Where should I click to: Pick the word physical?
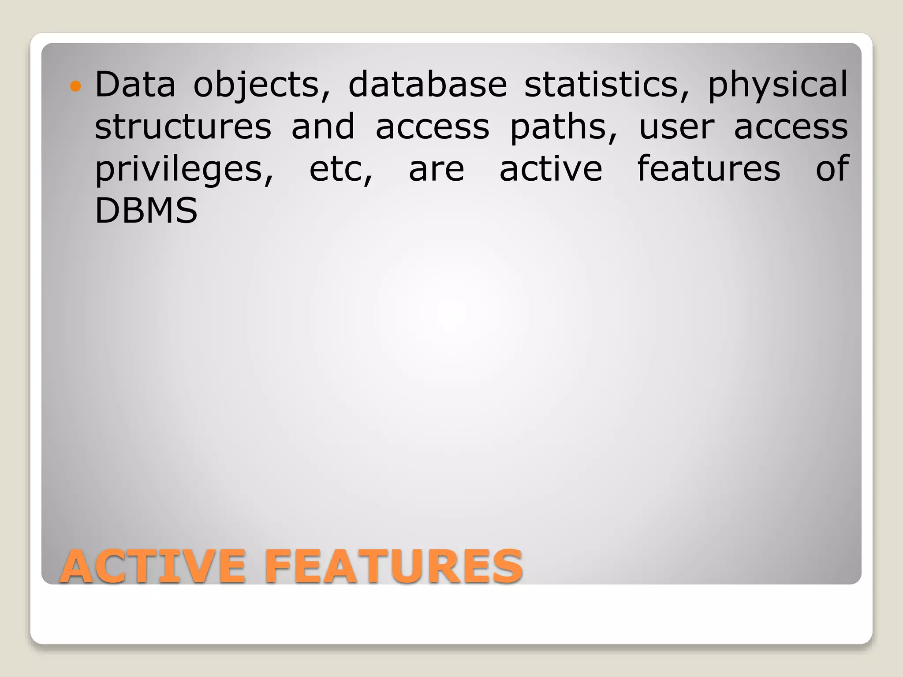(777, 85)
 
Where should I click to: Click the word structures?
(183, 126)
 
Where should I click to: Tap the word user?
(676, 127)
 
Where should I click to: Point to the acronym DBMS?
(146, 211)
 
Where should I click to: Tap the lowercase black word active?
(551, 168)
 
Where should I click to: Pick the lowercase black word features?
(709, 168)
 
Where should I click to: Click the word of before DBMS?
(832, 168)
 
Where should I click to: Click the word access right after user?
(791, 127)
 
